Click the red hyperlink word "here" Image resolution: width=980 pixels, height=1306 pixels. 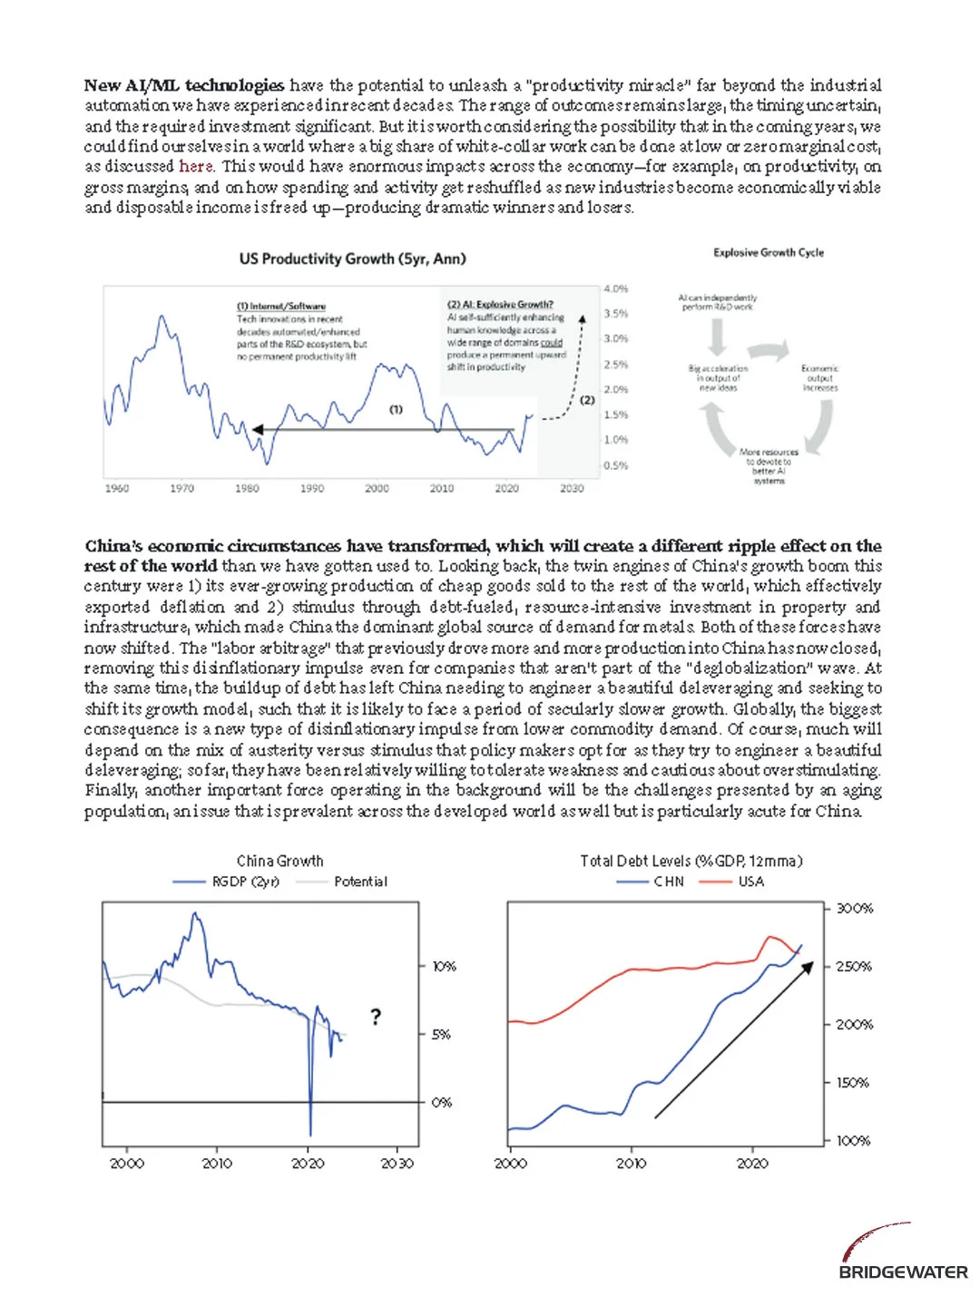point(196,166)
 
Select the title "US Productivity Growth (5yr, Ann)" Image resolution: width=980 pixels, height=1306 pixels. point(352,258)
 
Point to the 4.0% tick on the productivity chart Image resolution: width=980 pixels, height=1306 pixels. point(616,288)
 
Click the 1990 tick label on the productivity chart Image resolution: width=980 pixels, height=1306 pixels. point(312,488)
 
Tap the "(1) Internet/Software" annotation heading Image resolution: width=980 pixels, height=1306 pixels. point(281,307)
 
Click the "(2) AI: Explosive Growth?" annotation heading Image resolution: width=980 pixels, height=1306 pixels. point(500,305)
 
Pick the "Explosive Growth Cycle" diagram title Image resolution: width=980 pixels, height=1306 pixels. point(769,252)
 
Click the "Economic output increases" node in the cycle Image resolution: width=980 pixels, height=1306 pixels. point(819,378)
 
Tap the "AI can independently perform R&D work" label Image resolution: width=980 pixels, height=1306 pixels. point(718,302)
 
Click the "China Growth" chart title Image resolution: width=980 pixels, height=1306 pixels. point(279,861)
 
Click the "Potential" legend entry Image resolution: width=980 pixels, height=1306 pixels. point(360,882)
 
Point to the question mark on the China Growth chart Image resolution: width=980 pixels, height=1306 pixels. point(376,1017)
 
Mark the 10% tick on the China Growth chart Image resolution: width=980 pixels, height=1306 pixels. point(444,967)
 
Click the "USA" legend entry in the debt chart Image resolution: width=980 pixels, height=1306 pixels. point(750,882)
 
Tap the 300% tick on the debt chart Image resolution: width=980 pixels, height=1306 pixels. point(854,909)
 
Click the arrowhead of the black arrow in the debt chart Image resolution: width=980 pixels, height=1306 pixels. point(809,966)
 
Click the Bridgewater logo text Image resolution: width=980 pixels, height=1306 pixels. point(903,1272)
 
